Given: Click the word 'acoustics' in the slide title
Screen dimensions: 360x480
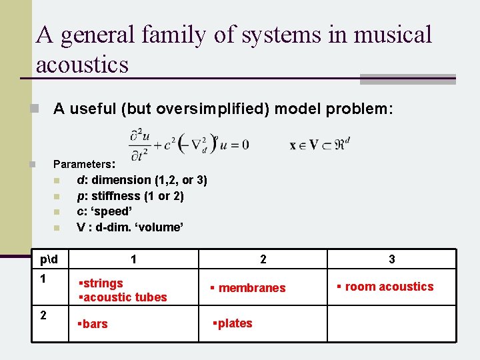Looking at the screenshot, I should pyautogui.click(x=82, y=65).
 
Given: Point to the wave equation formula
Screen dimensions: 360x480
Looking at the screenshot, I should pyautogui.click(x=189, y=144).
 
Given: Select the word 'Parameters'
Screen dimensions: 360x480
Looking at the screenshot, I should pyautogui.click(x=83, y=164).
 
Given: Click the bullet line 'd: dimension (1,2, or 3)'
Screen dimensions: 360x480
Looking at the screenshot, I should pyautogui.click(x=142, y=180).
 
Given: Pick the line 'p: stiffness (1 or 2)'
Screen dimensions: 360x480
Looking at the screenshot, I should pyautogui.click(x=131, y=196).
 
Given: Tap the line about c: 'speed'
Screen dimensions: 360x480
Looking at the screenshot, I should pyautogui.click(x=109, y=211).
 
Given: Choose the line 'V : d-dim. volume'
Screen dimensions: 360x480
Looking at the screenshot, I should pyautogui.click(x=130, y=227).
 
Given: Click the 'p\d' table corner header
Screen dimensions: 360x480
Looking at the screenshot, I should pyautogui.click(x=49, y=259).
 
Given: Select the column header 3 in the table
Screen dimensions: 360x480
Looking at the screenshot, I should pyautogui.click(x=391, y=259).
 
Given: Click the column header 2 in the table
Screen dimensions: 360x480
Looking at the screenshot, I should pyautogui.click(x=263, y=259).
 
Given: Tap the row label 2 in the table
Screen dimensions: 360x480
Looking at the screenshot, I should pyautogui.click(x=43, y=315).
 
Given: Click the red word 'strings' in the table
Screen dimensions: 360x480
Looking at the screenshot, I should pyautogui.click(x=102, y=283).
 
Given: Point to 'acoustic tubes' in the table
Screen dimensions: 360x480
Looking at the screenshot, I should pyautogui.click(x=124, y=297).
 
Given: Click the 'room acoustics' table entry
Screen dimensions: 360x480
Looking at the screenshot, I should pyautogui.click(x=389, y=287).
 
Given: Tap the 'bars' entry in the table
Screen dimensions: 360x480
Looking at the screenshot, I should pyautogui.click(x=95, y=324).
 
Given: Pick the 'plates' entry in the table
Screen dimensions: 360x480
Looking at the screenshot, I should pyautogui.click(x=234, y=323).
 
